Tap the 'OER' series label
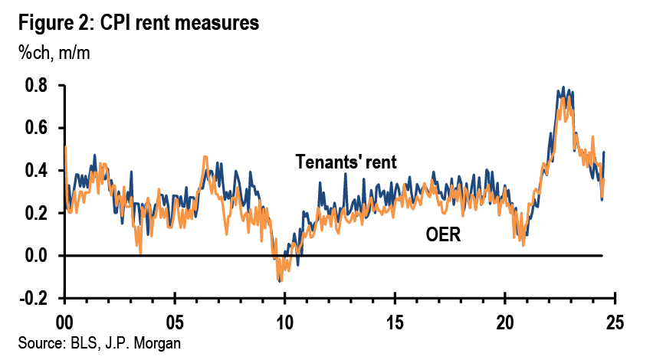click(442, 234)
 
